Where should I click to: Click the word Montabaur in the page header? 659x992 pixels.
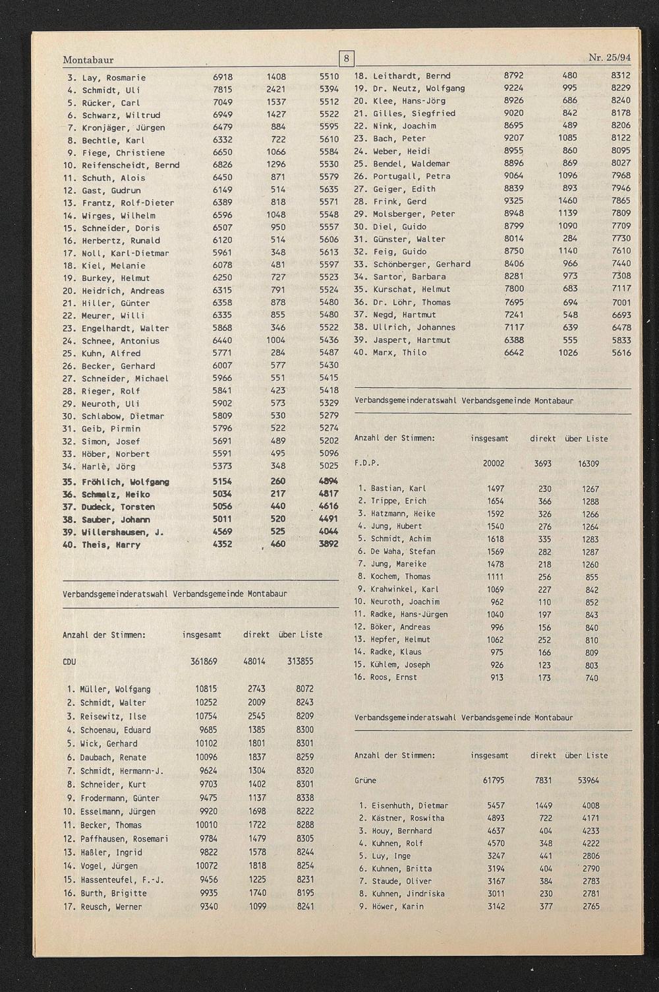pos(88,60)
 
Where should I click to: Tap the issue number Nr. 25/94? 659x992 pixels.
pos(610,58)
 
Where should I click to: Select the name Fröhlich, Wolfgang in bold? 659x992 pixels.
pos(125,482)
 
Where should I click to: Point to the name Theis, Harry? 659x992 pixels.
pos(111,545)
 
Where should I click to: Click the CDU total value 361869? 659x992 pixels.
pos(204,662)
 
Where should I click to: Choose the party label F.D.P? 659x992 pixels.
pos(366,464)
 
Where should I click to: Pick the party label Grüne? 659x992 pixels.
pos(365,781)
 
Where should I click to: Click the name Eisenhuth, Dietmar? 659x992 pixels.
pos(409,806)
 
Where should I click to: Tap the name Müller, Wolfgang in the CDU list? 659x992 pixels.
pos(115,689)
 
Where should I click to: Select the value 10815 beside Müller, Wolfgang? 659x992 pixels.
pos(206,689)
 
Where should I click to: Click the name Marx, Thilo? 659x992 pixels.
pos(399,353)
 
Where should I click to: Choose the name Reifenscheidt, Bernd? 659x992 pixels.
pos(130,166)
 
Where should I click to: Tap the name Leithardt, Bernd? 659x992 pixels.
pos(411,77)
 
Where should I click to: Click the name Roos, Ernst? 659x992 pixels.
pos(393,677)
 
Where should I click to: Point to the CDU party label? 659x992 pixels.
pos(69,662)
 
